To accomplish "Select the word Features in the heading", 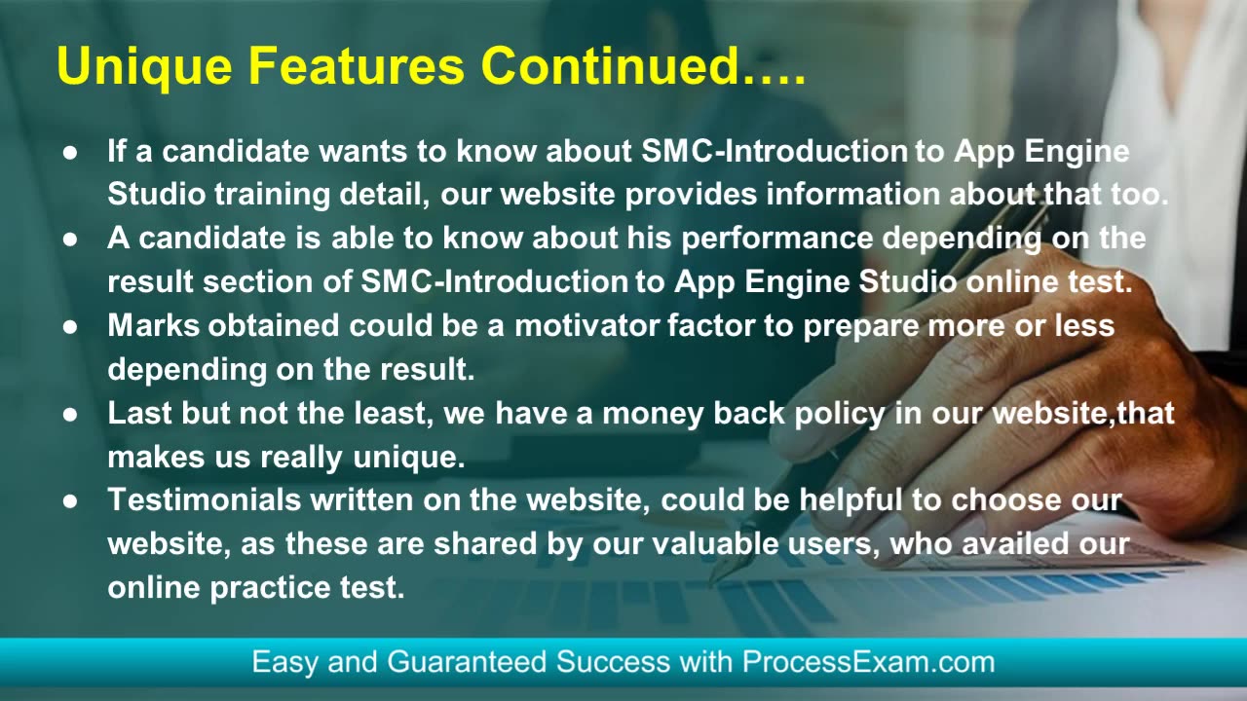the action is coord(357,65).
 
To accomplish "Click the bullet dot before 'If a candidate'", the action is coord(70,153).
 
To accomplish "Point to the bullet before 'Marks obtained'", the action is coord(70,327).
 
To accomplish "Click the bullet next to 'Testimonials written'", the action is coord(70,501).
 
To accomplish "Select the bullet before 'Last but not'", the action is coord(70,415).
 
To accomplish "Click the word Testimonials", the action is coord(205,499).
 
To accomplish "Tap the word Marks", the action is coord(154,325).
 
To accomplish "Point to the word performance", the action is coord(777,240).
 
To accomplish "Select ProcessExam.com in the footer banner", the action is coord(868,662).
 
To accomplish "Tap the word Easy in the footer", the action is coord(285,663).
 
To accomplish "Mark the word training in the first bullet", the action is coord(273,196).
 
